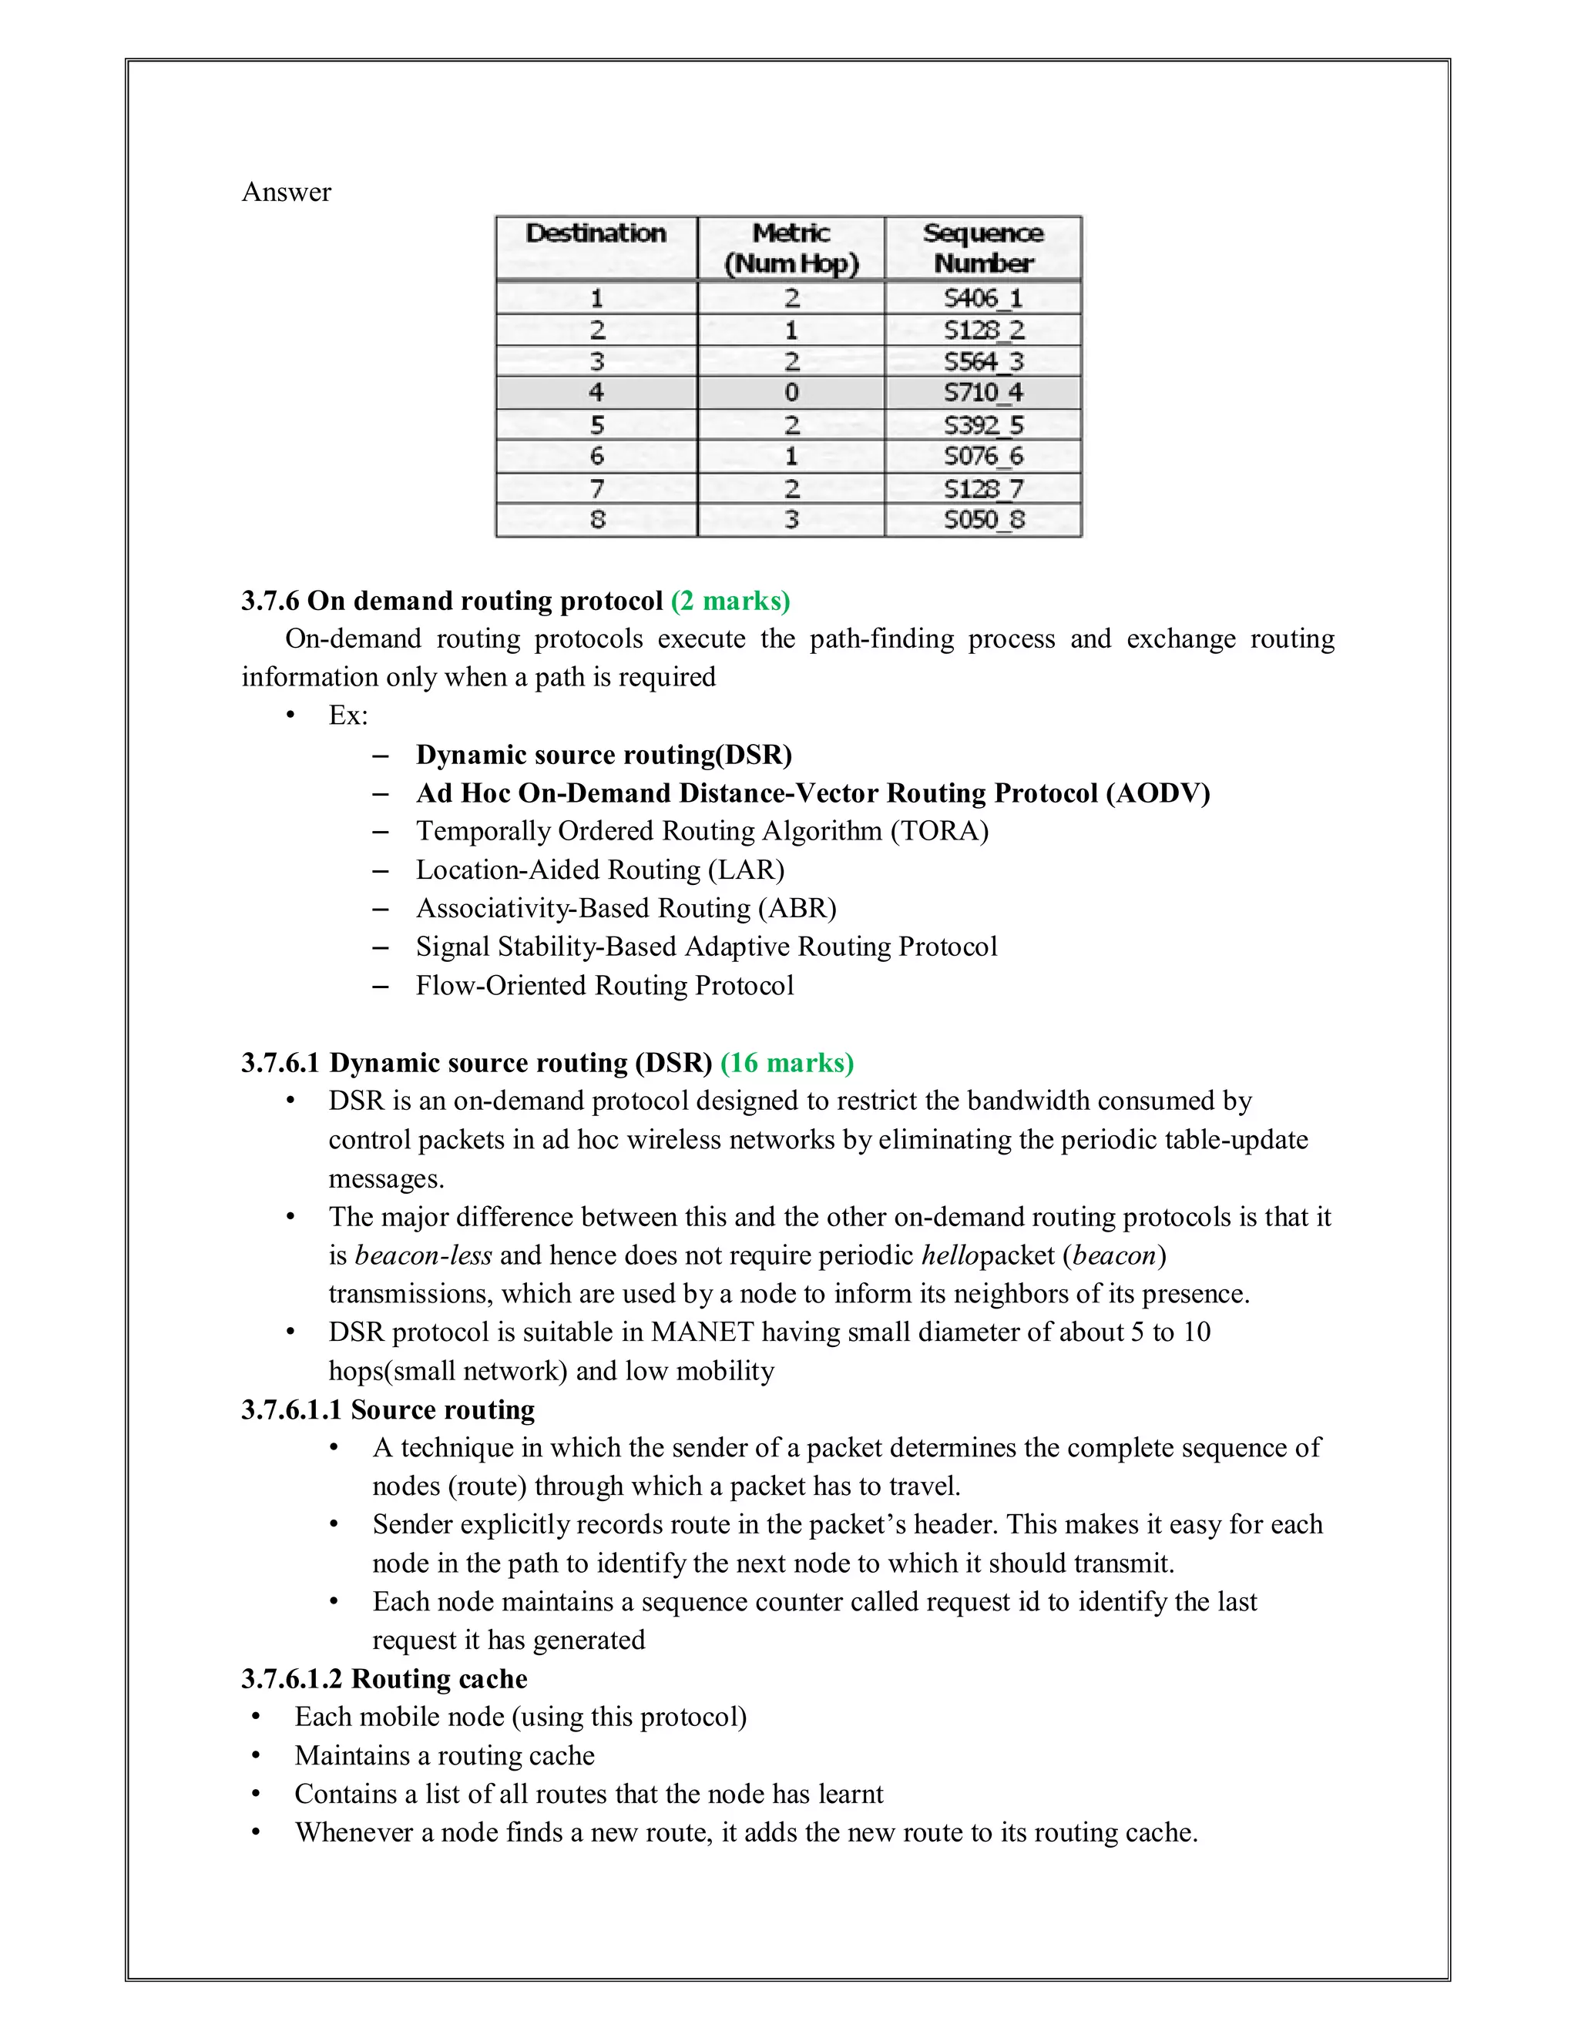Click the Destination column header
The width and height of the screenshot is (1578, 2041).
(x=596, y=233)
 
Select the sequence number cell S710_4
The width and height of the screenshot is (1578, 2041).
(x=982, y=393)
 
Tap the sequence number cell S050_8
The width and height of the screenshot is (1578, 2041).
(x=982, y=520)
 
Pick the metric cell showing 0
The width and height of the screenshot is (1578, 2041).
(x=791, y=393)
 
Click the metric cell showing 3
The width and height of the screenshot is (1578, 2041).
(x=791, y=520)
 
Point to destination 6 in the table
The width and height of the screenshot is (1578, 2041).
(x=596, y=456)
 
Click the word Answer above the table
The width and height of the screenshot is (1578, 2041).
(x=286, y=193)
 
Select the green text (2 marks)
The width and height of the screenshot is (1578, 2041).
(x=730, y=601)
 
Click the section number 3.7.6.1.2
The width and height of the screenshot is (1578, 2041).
(x=292, y=1679)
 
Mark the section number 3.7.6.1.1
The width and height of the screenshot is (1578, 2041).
(x=292, y=1410)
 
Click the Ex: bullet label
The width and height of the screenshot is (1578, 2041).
(x=347, y=716)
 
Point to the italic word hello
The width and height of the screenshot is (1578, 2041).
(x=948, y=1255)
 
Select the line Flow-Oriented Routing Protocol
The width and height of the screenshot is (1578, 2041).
(x=604, y=986)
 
